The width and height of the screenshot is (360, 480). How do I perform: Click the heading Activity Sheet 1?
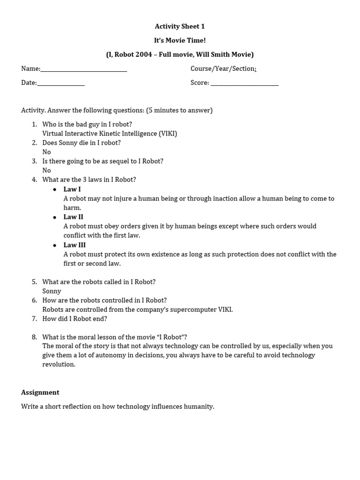[x=180, y=26]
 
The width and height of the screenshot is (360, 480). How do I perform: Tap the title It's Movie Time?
[x=180, y=40]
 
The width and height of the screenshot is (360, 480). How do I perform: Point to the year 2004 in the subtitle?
[x=143, y=54]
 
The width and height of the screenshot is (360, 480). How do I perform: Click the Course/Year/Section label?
[x=222, y=68]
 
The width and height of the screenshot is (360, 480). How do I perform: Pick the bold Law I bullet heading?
[x=72, y=189]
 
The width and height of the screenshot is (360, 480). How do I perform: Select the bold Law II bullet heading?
[x=73, y=217]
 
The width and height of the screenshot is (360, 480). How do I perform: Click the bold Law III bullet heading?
[x=75, y=245]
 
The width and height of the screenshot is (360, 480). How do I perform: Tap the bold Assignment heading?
[x=40, y=392]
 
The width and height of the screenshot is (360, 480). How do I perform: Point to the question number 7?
[x=34, y=319]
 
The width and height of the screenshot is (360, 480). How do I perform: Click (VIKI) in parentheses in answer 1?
[x=168, y=134]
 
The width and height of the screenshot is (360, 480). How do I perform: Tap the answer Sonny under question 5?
[x=52, y=291]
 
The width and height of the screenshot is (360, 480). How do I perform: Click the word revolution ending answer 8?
[x=59, y=365]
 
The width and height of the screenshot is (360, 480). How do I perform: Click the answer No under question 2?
[x=46, y=152]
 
